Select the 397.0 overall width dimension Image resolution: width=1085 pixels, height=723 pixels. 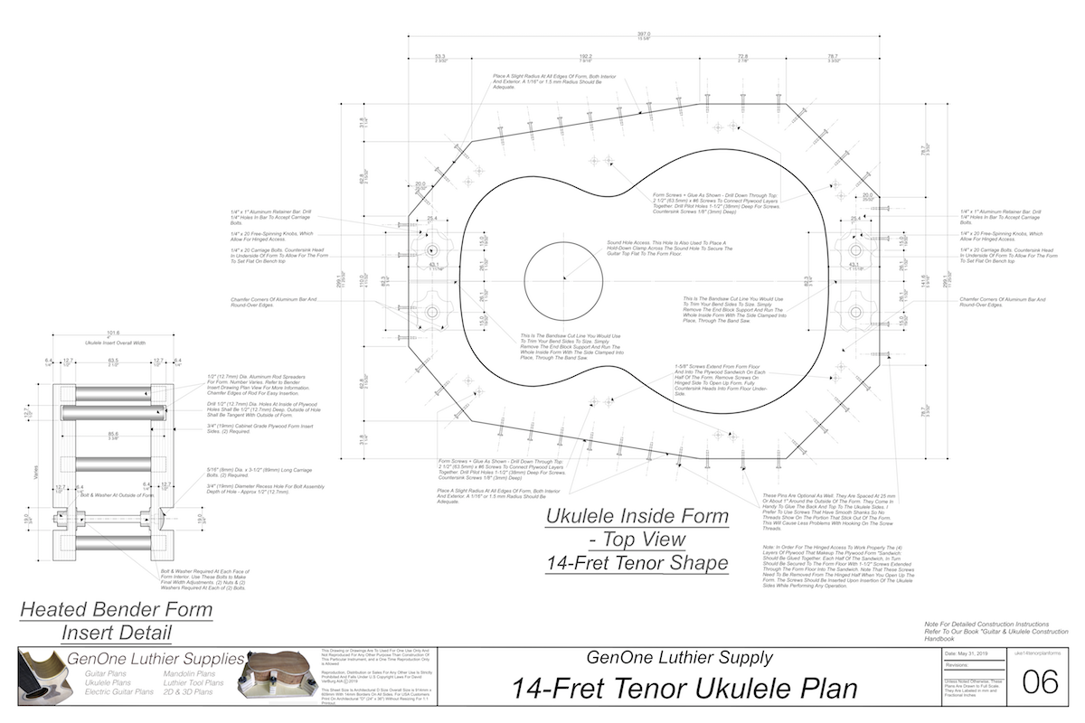tap(644, 34)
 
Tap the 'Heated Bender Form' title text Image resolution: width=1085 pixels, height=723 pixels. tap(116, 609)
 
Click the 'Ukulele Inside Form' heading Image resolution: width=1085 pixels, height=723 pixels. tap(637, 516)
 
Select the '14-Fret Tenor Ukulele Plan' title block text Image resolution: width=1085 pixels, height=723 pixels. tap(684, 689)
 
